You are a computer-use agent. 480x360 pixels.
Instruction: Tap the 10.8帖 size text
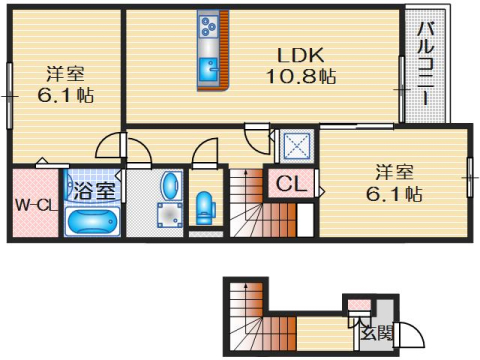299,77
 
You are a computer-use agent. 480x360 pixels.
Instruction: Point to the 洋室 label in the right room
393,170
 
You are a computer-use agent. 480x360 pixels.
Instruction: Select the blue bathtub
92,221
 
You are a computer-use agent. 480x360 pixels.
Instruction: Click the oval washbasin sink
171,186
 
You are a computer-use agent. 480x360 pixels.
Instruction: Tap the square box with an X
296,146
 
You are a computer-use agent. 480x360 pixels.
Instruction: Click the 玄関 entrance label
378,333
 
